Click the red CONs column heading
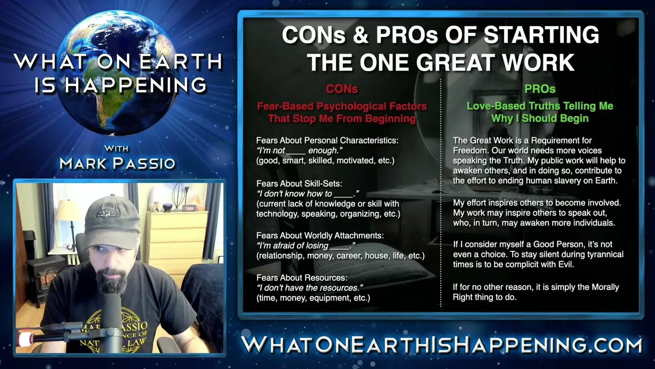[x=342, y=89]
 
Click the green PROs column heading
[x=540, y=89]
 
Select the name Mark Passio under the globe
[x=117, y=163]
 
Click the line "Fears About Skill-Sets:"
[x=299, y=183]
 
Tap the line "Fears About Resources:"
[x=302, y=278]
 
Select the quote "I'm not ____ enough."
[x=299, y=151]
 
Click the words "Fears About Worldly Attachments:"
[x=320, y=235]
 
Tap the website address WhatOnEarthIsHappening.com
[x=442, y=345]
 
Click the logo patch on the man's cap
[x=106, y=214]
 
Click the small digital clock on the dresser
[x=189, y=208]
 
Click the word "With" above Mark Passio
[x=116, y=149]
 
